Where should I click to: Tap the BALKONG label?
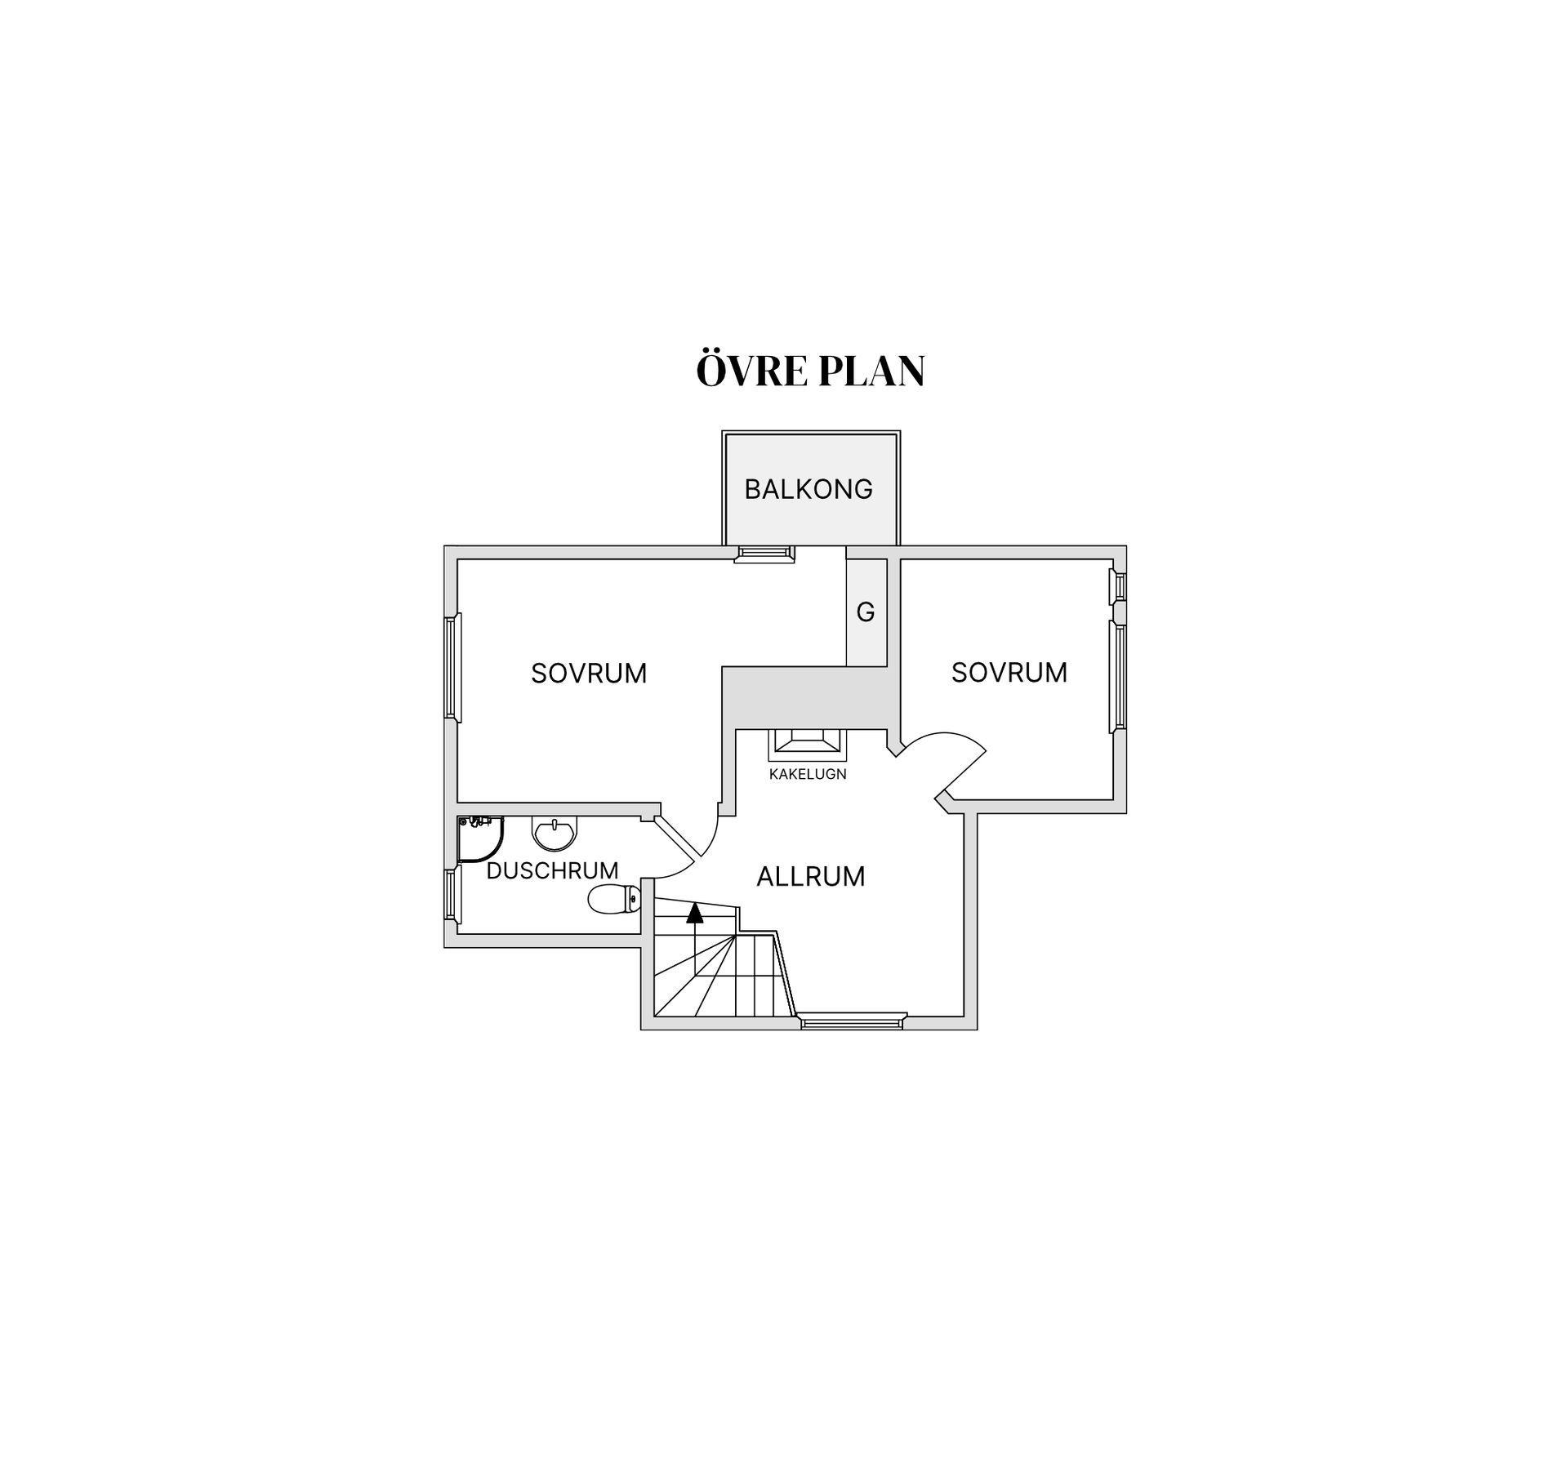coord(808,489)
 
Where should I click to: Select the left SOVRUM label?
coord(589,673)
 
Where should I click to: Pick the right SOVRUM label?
coord(1009,672)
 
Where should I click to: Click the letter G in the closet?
coord(866,612)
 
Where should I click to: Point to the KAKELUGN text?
coord(808,774)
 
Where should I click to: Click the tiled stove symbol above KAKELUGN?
coord(808,745)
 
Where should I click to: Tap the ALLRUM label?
coord(810,876)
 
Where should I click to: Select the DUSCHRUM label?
coord(552,870)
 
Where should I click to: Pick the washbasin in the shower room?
coord(555,833)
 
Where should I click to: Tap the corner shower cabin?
coord(480,839)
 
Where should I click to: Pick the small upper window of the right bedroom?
coord(1119,586)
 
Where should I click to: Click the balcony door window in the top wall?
coord(764,554)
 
